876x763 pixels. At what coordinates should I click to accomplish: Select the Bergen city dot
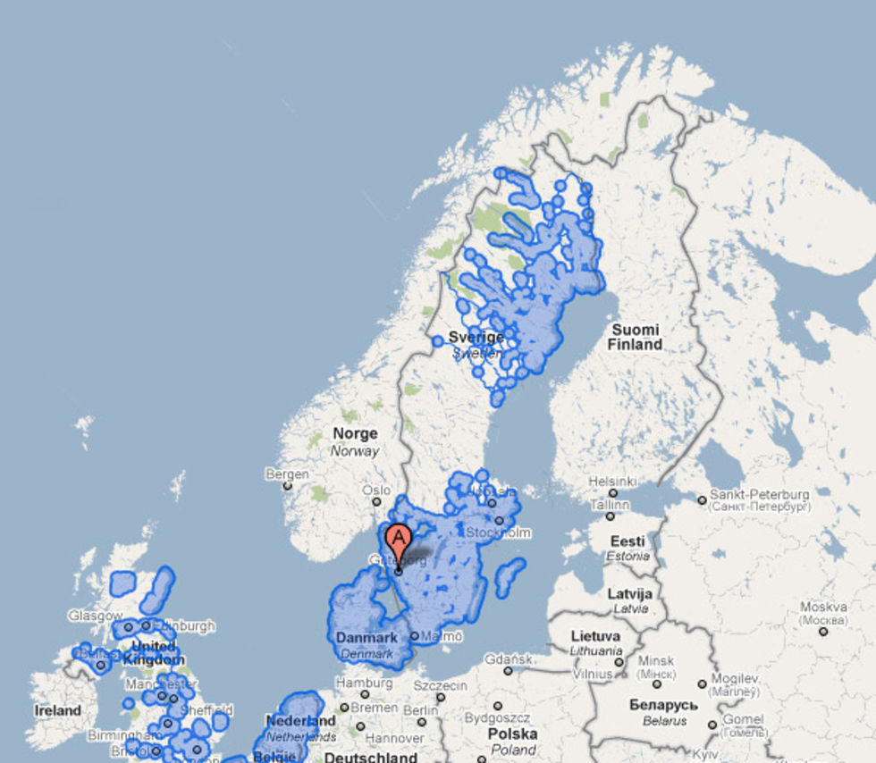click(287, 486)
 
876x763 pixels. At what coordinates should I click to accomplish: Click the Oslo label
click(376, 490)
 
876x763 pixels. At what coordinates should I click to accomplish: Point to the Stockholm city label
click(498, 532)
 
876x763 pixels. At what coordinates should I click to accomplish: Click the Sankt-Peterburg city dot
click(703, 500)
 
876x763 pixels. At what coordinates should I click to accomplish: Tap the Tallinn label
click(610, 504)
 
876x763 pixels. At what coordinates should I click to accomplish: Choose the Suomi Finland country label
click(636, 337)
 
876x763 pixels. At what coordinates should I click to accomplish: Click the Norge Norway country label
click(355, 441)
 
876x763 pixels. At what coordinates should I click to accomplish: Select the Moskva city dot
click(822, 631)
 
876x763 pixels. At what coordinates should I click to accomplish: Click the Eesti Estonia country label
click(628, 548)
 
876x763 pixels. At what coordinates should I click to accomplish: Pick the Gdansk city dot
click(508, 670)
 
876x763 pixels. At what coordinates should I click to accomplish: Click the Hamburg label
click(364, 683)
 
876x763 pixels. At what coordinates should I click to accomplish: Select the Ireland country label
click(57, 710)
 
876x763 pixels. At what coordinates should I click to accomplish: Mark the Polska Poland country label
click(513, 741)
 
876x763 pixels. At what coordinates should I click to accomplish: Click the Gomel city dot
click(712, 725)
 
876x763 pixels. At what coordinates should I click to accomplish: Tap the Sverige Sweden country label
click(476, 344)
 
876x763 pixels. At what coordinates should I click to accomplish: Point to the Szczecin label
click(440, 685)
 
